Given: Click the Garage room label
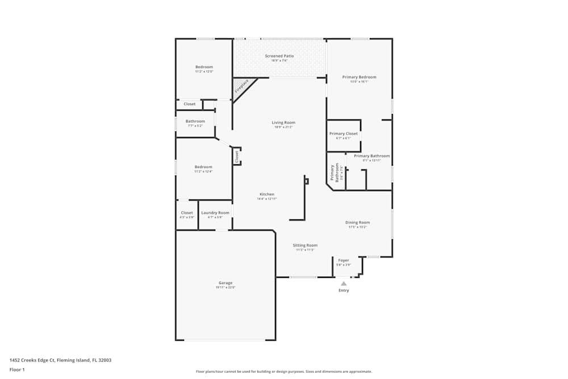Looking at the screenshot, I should point(225,283).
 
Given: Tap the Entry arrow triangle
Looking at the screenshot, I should point(344,283).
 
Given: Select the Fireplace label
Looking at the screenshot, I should point(241,86).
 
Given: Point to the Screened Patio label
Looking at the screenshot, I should point(279,56).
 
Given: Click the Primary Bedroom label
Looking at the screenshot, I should point(359,77).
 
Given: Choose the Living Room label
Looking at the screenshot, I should point(283,123).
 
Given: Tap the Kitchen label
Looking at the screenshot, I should point(267,194).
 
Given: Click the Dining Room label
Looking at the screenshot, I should point(358,223).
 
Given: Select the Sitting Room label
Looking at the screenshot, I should point(305,245).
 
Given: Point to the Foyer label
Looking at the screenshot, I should point(344,260).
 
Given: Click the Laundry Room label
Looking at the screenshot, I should point(215,213).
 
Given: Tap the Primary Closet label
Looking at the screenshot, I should point(344,134).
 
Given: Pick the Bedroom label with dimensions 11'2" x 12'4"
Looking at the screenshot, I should point(203,167).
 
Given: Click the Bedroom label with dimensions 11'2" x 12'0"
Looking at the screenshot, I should point(204,67).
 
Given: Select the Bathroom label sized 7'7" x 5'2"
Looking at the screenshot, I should point(195,121).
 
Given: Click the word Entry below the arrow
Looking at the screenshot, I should point(344,290).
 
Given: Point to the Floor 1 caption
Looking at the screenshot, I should point(17,369).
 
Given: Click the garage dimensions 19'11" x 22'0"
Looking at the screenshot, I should point(225,288).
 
